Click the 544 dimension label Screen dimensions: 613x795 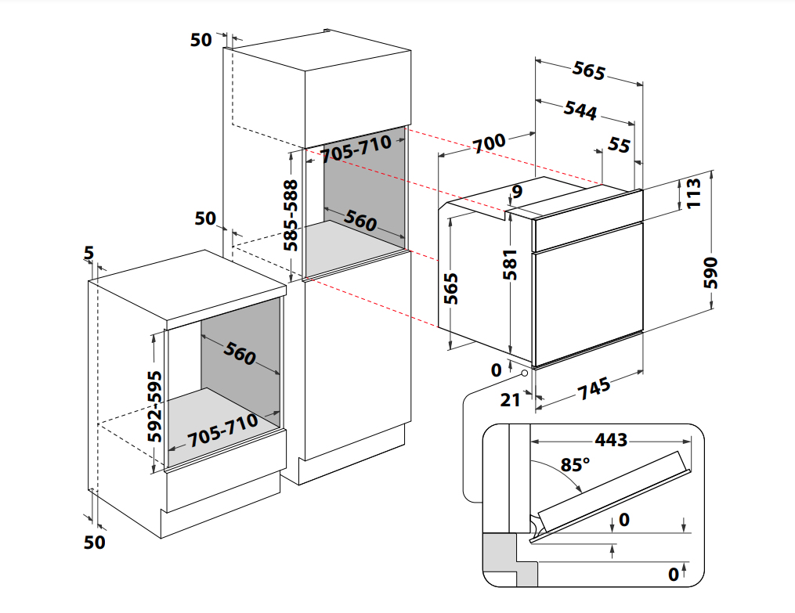[580, 110]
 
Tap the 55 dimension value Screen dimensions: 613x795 [619, 145]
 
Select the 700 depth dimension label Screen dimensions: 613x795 [490, 144]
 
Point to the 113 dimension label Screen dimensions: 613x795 [693, 193]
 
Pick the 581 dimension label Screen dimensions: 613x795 [511, 264]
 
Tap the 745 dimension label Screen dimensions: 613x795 [593, 388]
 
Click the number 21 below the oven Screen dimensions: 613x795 [510, 400]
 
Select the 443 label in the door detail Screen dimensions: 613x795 [611, 440]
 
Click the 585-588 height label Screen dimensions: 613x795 [291, 215]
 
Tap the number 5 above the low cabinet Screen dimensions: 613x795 [89, 253]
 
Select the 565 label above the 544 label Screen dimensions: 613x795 [588, 70]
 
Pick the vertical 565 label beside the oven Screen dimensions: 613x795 [450, 289]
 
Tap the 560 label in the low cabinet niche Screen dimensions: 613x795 [240, 355]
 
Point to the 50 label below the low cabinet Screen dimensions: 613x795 [94, 542]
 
